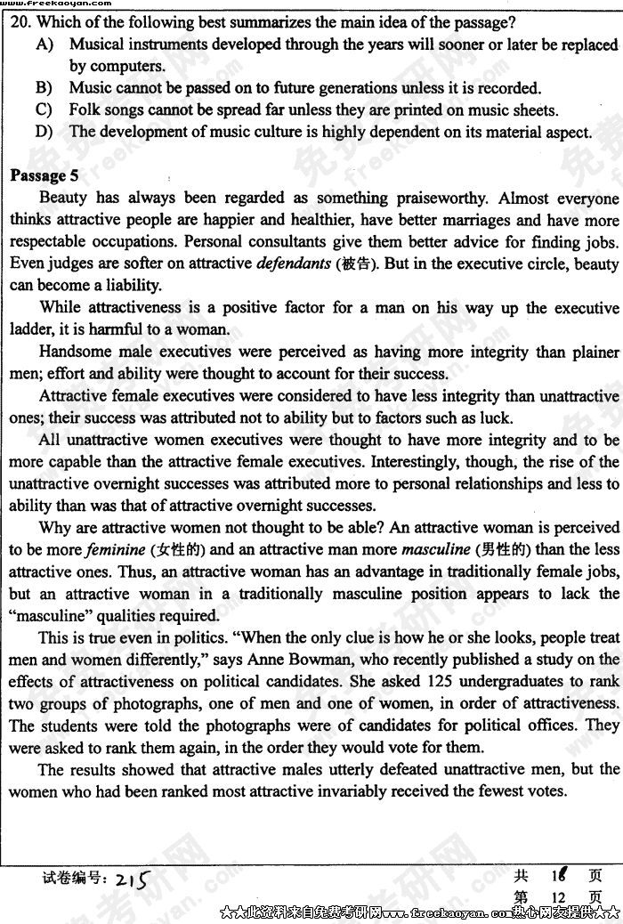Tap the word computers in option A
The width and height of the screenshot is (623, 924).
pos(127,66)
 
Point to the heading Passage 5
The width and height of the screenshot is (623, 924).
pos(44,175)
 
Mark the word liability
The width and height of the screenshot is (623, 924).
pos(133,286)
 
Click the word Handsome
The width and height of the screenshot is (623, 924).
pos(76,352)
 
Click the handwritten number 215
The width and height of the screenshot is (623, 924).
pos(130,879)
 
